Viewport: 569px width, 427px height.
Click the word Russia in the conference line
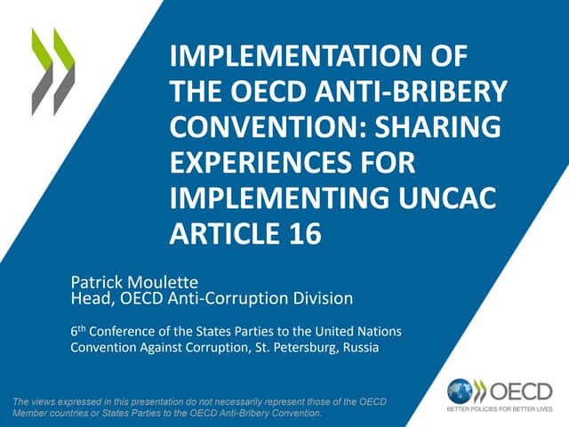coord(360,348)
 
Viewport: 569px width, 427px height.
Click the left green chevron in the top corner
coord(41,71)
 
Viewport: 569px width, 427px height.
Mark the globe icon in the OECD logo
coord(461,391)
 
